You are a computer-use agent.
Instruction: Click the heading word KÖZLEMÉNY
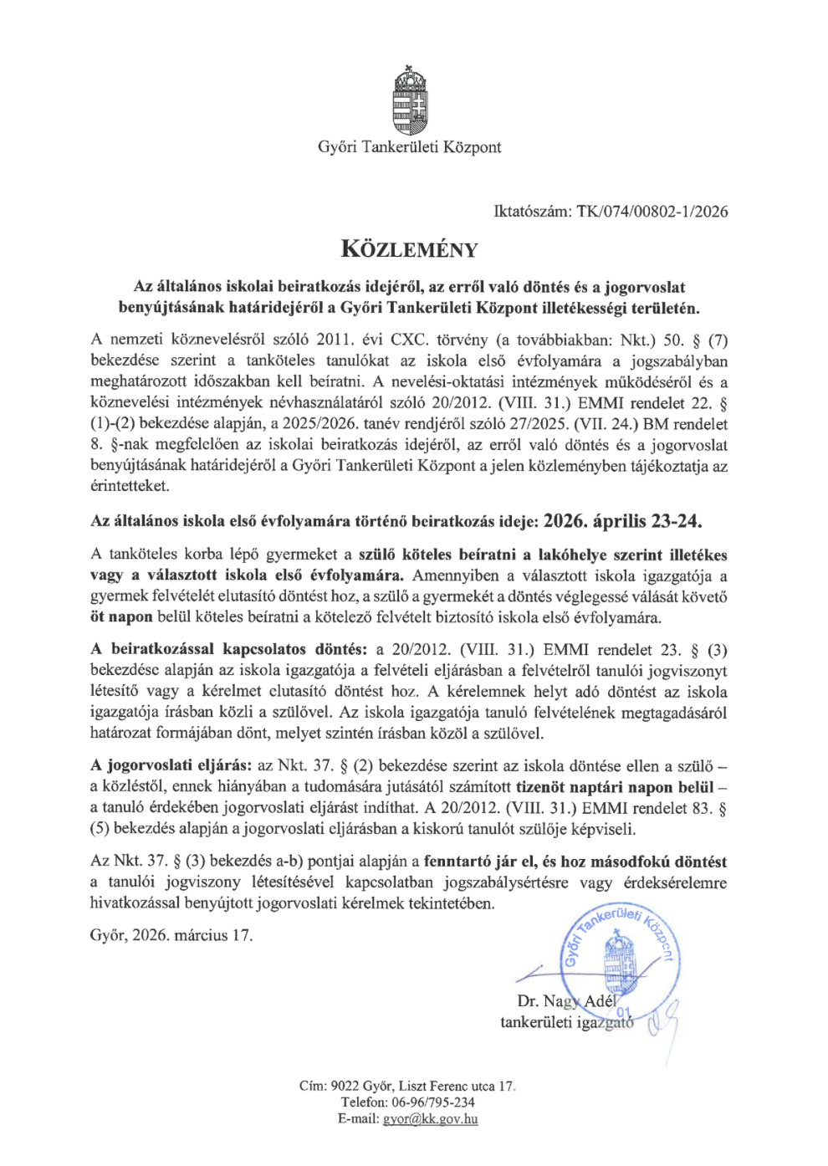coord(409,249)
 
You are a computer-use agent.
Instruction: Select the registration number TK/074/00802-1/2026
coord(652,212)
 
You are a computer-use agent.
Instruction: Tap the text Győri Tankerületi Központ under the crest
coord(409,147)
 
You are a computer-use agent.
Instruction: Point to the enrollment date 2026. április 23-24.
coord(622,521)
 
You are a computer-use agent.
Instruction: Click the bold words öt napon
coord(121,617)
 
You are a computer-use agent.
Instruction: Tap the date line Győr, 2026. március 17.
coord(171,935)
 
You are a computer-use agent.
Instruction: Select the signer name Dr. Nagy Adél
coord(566,1001)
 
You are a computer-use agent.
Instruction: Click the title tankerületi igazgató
coord(566,1022)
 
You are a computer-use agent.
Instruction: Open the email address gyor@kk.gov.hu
coord(430,1119)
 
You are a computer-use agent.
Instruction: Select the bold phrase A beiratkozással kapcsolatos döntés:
coord(228,650)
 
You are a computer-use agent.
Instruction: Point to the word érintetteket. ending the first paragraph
coord(130,486)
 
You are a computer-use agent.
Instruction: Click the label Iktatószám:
coord(532,212)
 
